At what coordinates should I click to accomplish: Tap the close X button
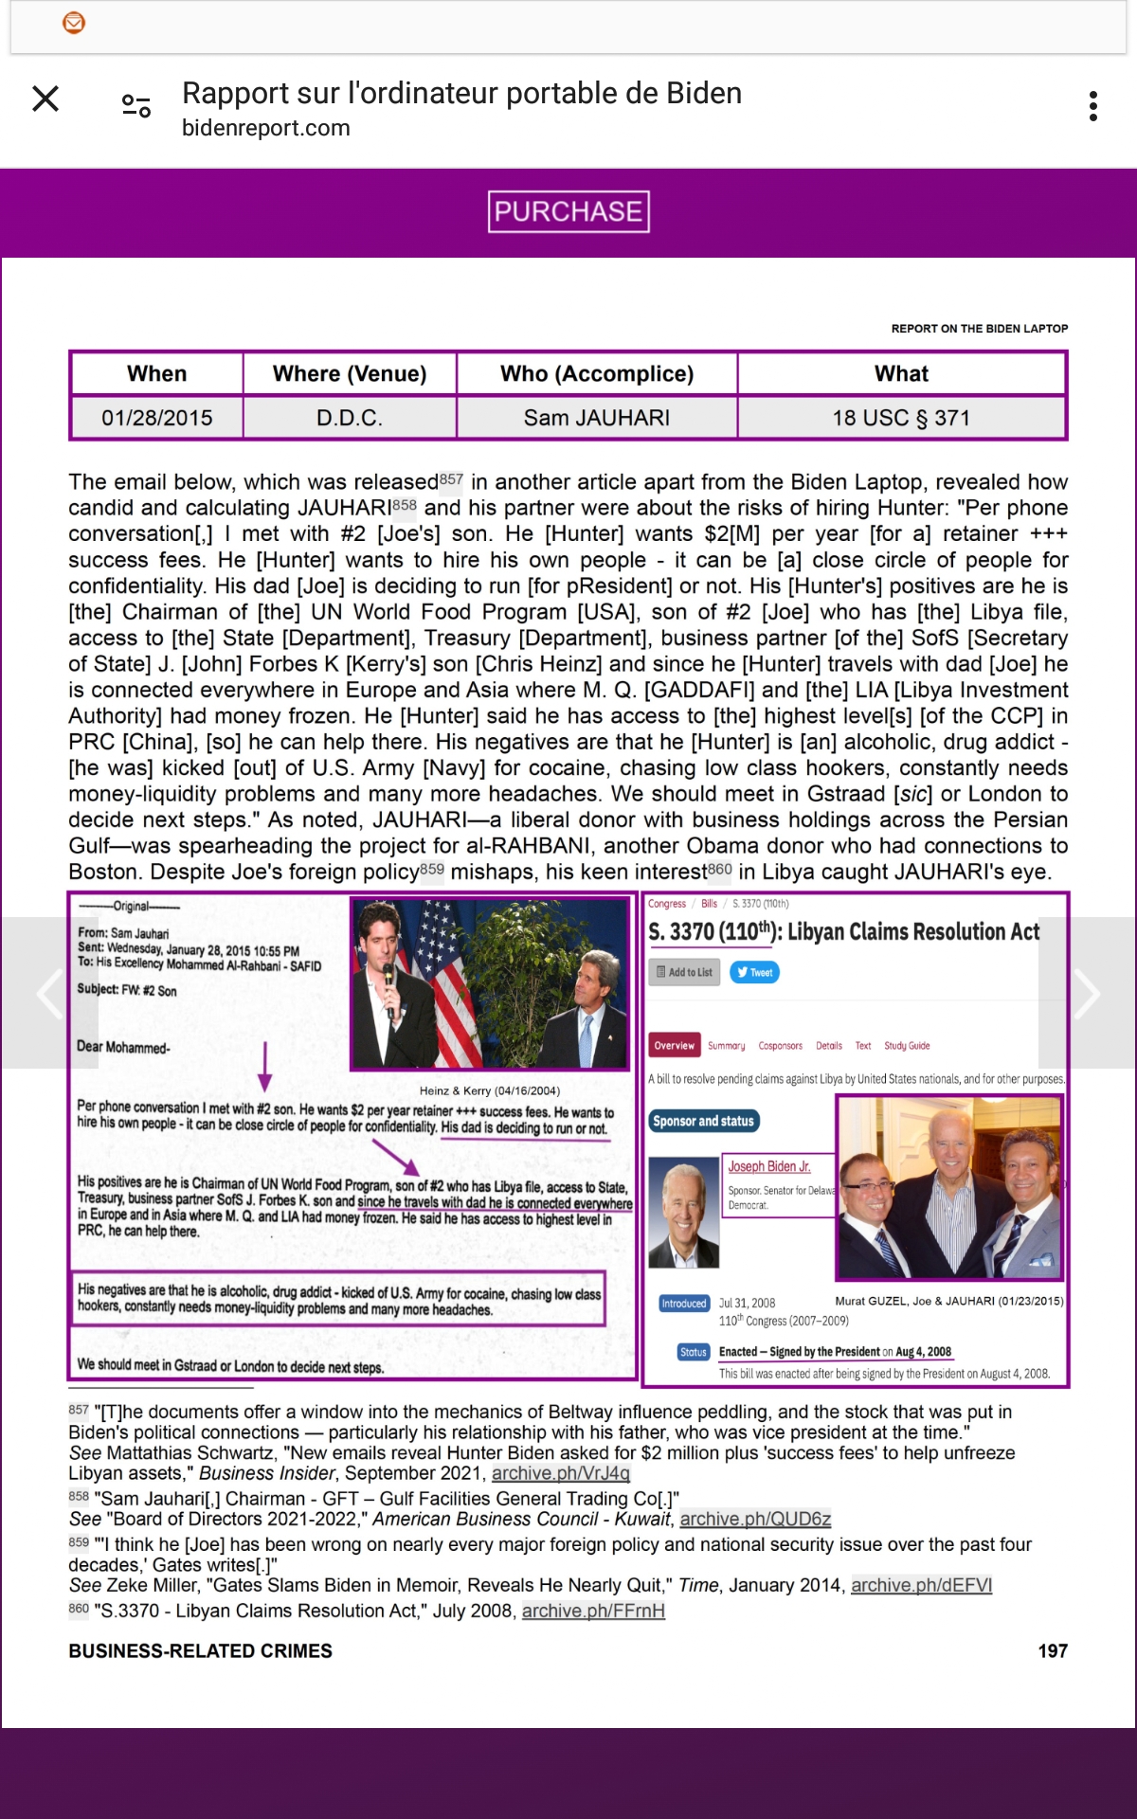[x=45, y=99]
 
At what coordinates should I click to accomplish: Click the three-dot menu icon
[x=1093, y=106]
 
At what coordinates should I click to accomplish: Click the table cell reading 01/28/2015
[x=157, y=418]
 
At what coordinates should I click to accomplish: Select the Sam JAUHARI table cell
[x=597, y=418]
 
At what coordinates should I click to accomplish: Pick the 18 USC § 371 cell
[x=901, y=418]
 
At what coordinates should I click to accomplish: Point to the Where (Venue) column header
[x=350, y=373]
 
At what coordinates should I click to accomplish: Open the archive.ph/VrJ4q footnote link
[x=560, y=1473]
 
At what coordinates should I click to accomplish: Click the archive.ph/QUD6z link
[x=755, y=1519]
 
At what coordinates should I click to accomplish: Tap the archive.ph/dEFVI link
[x=921, y=1585]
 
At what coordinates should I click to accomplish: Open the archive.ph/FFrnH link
[x=593, y=1611]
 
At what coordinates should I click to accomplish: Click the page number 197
[x=1053, y=1651]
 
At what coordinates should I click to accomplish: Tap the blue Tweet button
[x=754, y=972]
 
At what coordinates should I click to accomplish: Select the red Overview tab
[x=674, y=1046]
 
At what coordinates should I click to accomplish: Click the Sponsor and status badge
[x=703, y=1121]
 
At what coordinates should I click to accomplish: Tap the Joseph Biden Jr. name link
[x=768, y=1166]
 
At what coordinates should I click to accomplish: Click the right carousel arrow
[x=1086, y=993]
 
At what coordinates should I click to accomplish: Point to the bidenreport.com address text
[x=266, y=128]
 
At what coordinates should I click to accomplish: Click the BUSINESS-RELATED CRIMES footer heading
[x=200, y=1651]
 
